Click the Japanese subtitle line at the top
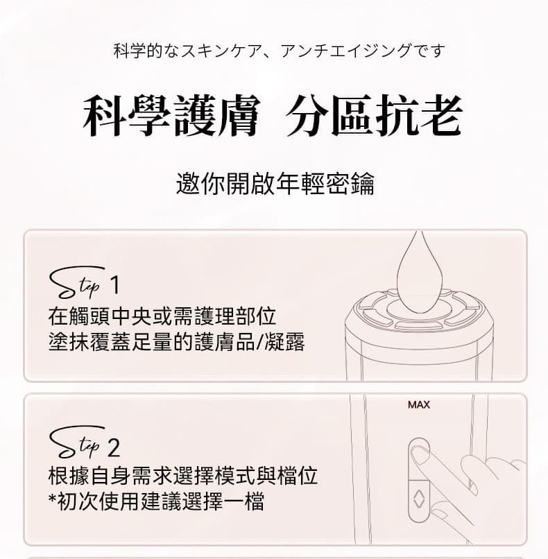point(279,51)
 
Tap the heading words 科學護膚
point(171,116)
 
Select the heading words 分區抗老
point(374,116)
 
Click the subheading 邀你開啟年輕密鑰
point(275,184)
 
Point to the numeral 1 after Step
point(114,286)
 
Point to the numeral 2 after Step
point(114,447)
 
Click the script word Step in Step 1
point(77,282)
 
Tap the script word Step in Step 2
point(77,442)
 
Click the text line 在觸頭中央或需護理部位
point(162,316)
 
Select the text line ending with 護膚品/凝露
point(177,343)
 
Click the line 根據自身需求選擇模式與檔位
point(183,476)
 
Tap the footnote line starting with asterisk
point(157,501)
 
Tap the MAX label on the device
point(419,404)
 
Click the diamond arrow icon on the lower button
point(418,499)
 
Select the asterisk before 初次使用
point(52,498)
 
